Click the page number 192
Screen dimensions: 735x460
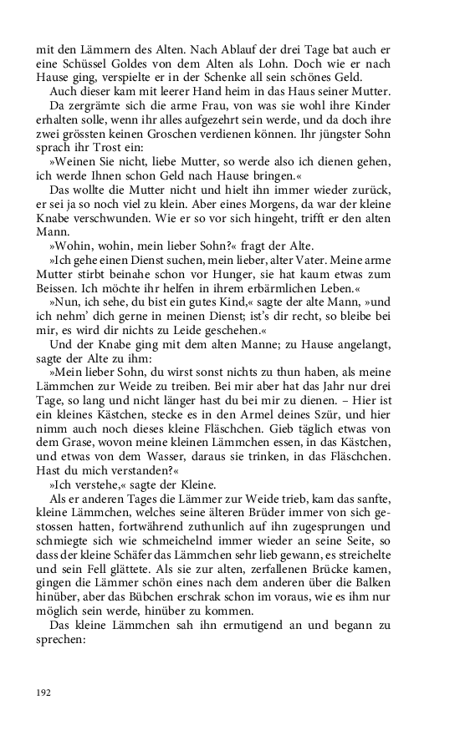(x=44, y=692)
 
